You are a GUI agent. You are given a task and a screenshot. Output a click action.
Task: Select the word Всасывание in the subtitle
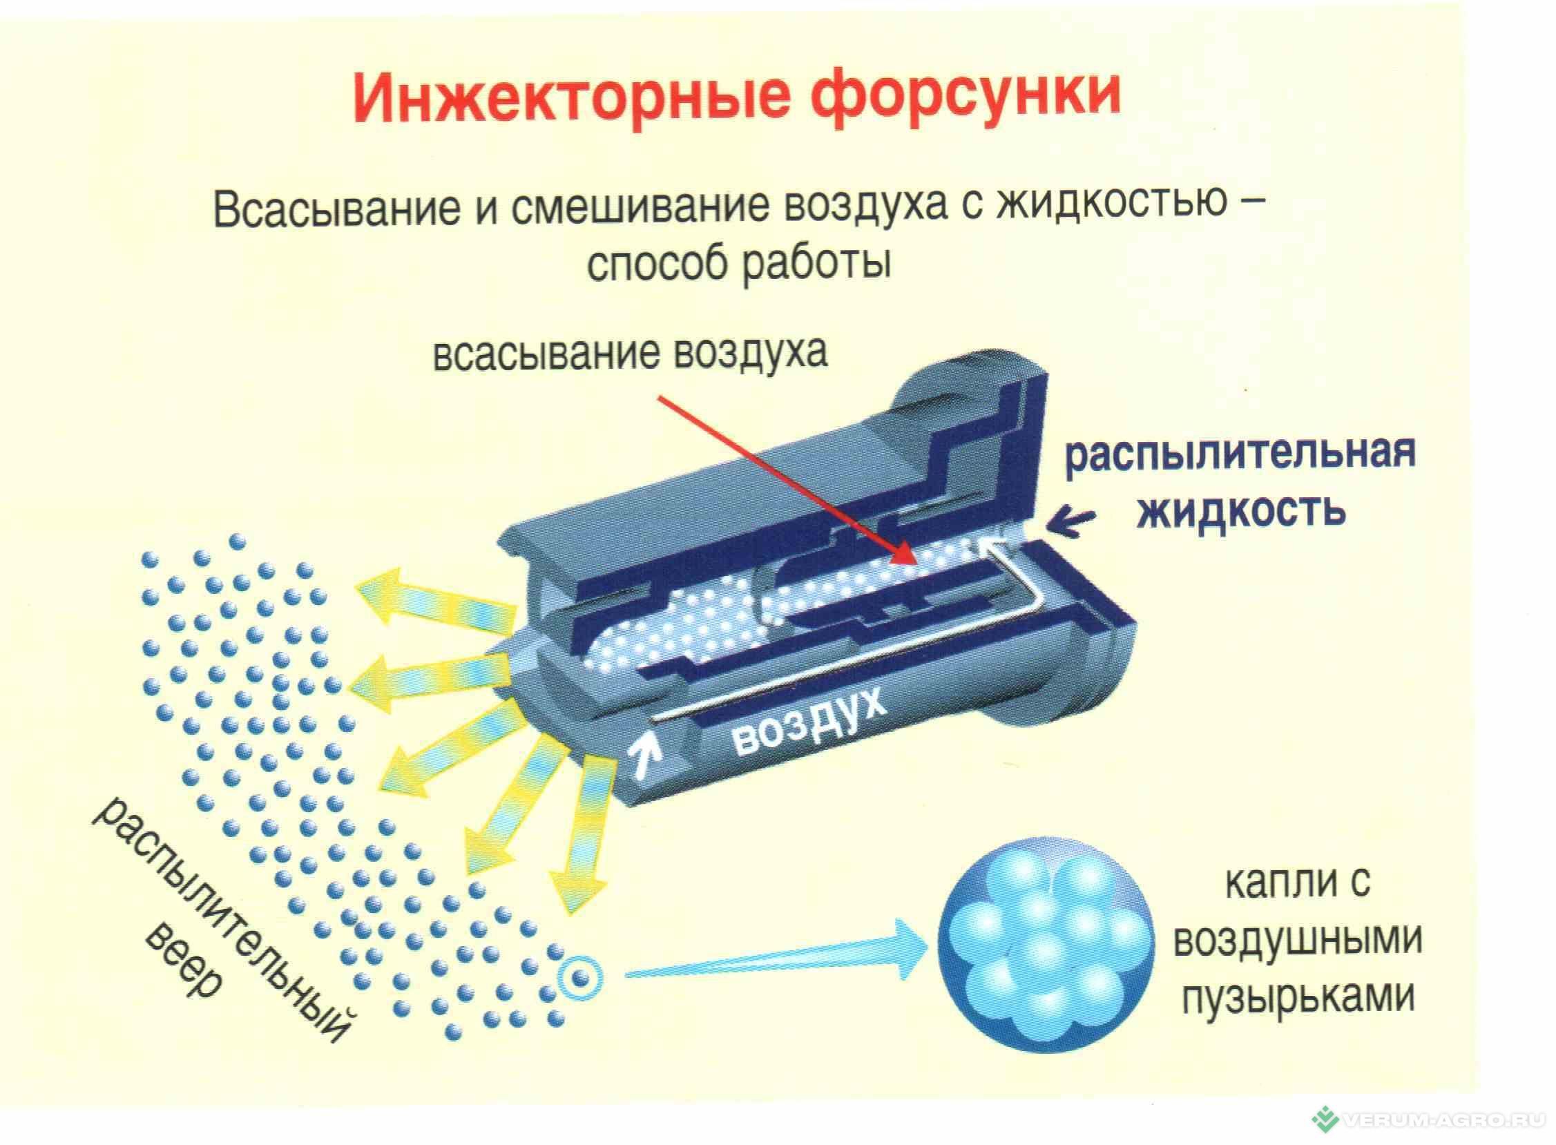click(x=336, y=207)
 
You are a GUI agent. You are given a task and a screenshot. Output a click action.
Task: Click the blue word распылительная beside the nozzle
click(x=1240, y=453)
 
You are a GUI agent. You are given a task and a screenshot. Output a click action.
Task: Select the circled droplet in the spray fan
click(x=581, y=979)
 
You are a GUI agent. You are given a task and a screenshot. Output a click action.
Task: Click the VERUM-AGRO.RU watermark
click(x=1434, y=1121)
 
